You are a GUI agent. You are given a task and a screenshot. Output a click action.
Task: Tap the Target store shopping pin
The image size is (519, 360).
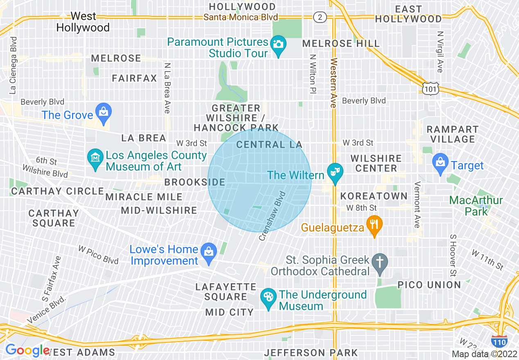click(440, 164)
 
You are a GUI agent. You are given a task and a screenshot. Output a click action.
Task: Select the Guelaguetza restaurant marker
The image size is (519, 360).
click(374, 225)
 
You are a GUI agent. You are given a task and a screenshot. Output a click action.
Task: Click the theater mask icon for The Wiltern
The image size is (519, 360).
click(335, 174)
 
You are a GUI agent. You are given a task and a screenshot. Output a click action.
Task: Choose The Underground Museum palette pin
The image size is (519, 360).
click(269, 299)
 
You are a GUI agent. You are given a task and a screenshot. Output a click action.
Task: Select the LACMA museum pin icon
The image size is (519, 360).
click(95, 159)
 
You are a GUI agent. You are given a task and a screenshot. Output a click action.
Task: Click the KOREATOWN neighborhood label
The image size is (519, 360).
click(374, 196)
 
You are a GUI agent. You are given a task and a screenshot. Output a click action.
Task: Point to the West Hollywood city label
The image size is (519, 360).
click(83, 22)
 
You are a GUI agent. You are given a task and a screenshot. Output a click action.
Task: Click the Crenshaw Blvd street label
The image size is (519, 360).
click(272, 216)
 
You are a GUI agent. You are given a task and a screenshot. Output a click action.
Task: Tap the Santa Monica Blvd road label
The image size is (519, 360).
click(241, 17)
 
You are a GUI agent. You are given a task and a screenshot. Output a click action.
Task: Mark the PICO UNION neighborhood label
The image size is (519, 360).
click(429, 285)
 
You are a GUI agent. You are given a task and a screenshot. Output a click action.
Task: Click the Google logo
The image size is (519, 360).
click(27, 351)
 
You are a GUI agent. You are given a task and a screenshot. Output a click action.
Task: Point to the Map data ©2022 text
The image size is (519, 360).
click(484, 354)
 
